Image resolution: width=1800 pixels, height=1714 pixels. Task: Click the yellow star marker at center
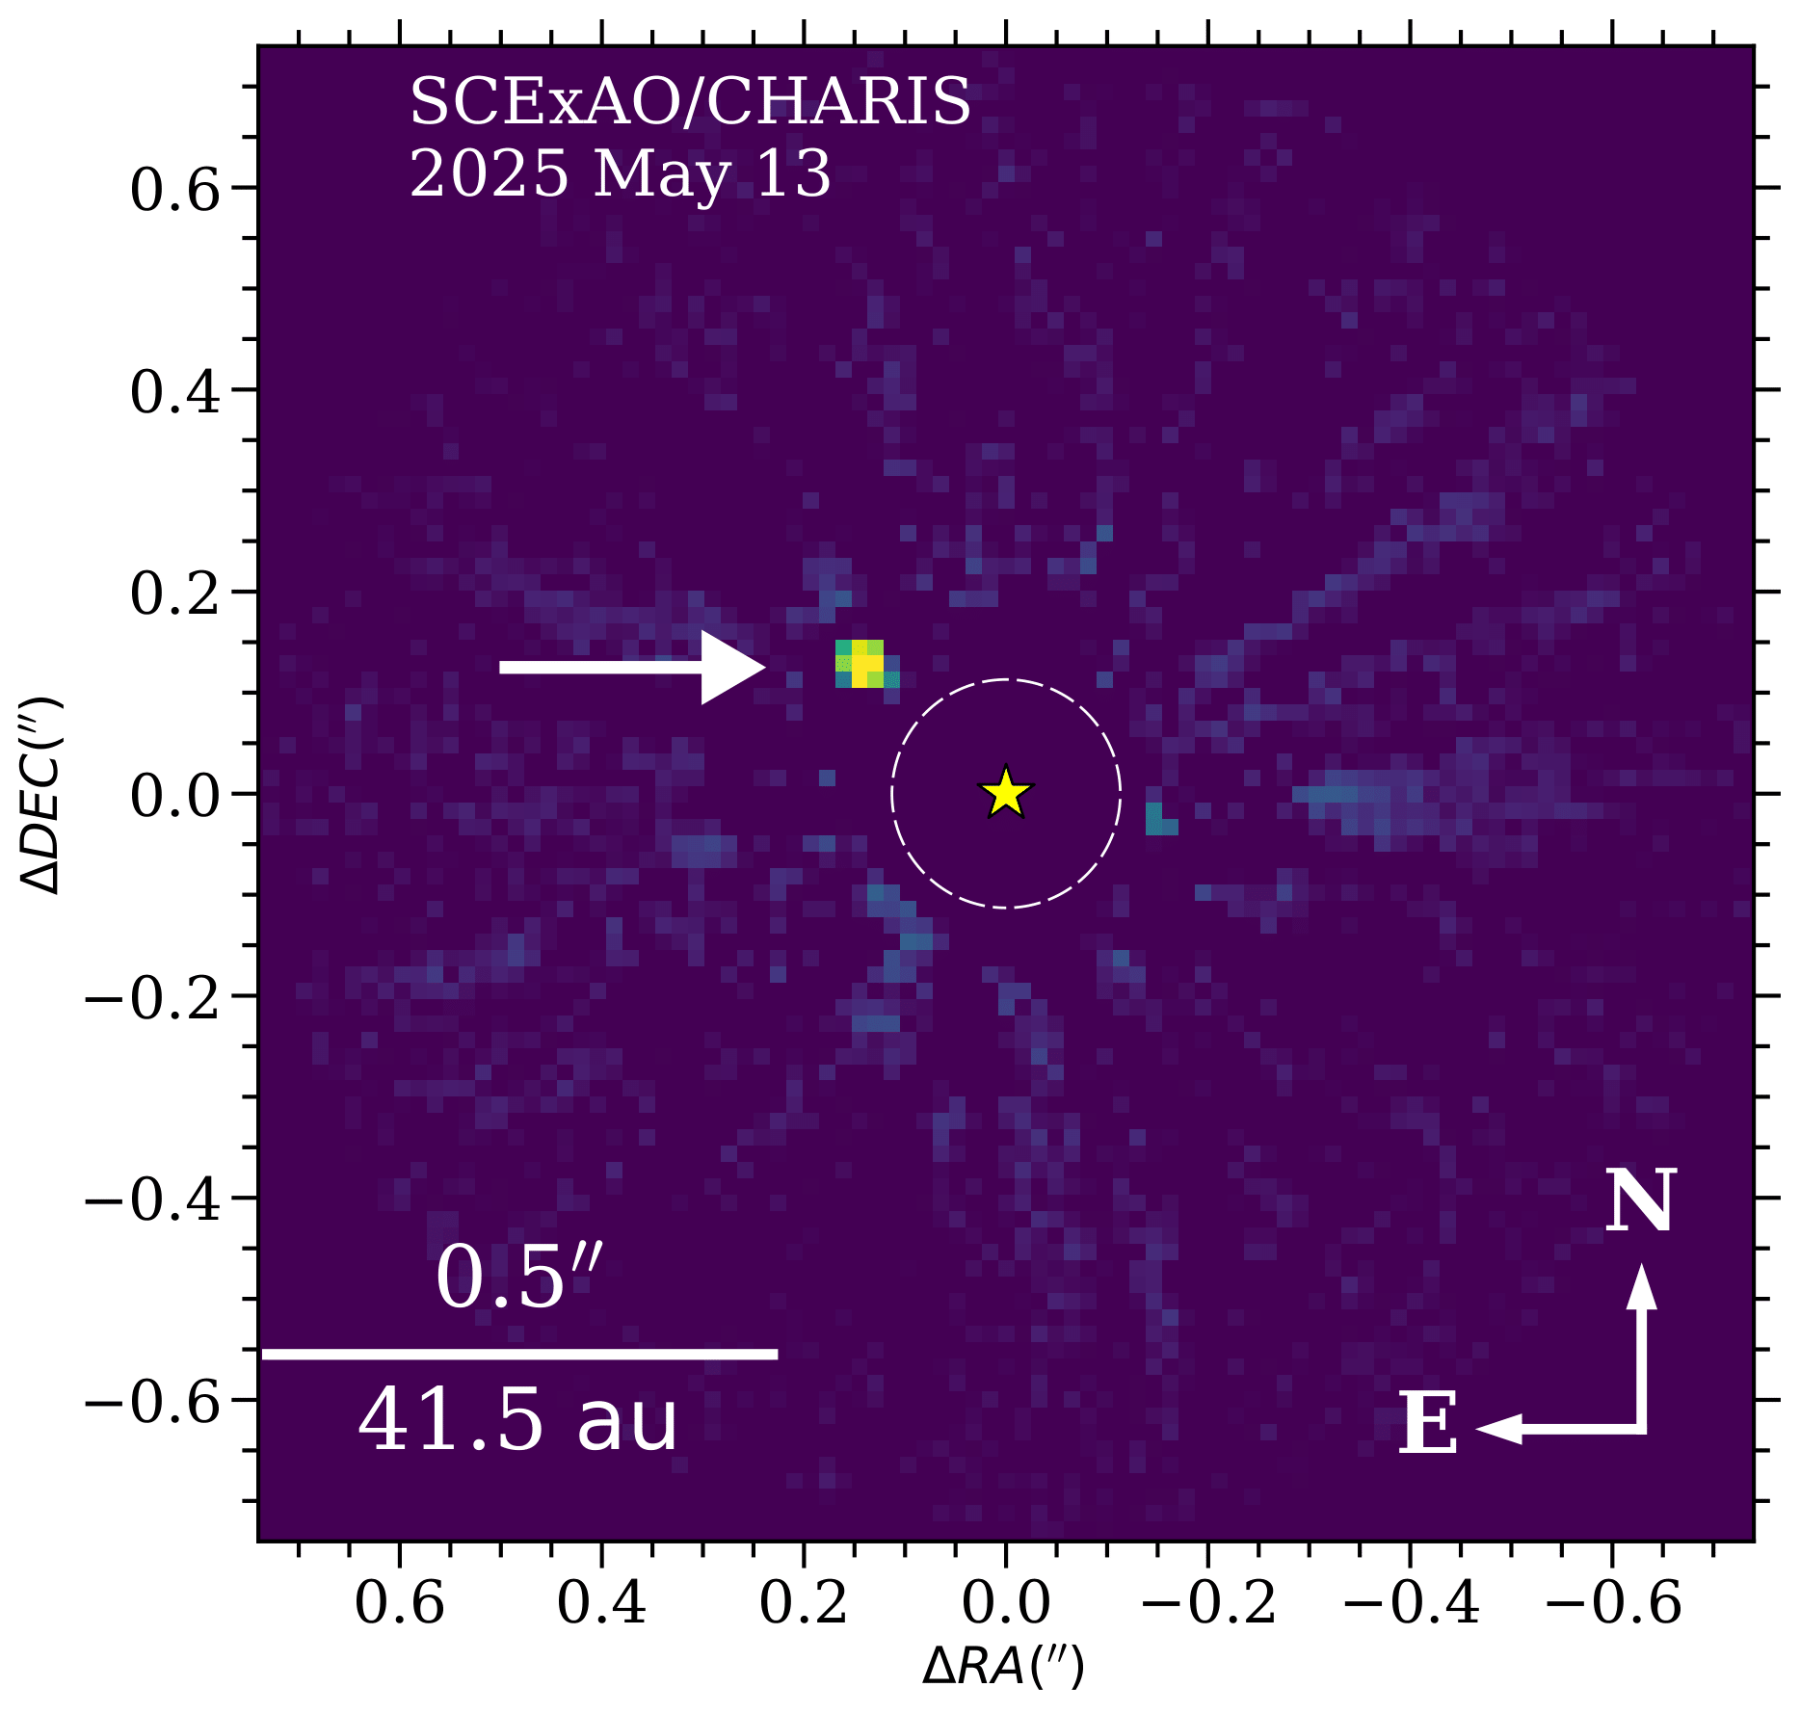[x=1006, y=794]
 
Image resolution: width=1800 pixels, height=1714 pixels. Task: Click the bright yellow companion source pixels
[x=865, y=664]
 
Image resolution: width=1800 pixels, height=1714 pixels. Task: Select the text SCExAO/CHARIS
[x=690, y=102]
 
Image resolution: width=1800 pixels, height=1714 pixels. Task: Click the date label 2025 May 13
[x=621, y=175]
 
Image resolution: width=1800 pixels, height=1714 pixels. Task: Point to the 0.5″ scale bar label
[x=518, y=1279]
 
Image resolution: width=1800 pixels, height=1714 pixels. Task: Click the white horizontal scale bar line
[x=519, y=1354]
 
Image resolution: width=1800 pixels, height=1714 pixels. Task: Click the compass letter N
[x=1640, y=1201]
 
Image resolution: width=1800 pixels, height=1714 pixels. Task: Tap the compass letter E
[x=1427, y=1425]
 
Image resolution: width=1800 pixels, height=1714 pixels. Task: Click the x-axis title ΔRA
[x=1003, y=1666]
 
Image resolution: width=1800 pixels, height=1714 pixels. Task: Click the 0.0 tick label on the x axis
[x=1006, y=1603]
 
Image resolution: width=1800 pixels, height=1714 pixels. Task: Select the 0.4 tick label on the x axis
[x=602, y=1603]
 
